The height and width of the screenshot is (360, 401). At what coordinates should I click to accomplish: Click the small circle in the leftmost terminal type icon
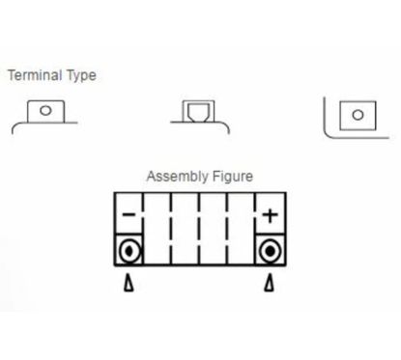[x=45, y=111]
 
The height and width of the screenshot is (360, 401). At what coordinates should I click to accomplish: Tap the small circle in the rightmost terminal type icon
[x=358, y=115]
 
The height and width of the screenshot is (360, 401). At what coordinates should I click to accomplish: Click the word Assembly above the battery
[x=174, y=177]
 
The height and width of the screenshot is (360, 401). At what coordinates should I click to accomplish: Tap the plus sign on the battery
[x=270, y=214]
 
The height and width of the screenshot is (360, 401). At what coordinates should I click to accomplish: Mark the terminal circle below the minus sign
[x=129, y=252]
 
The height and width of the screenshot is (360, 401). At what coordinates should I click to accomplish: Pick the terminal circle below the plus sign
[x=271, y=252]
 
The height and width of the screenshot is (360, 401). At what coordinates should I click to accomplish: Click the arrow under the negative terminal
[x=129, y=285]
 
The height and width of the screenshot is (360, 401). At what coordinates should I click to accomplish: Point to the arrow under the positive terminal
[x=271, y=285]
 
